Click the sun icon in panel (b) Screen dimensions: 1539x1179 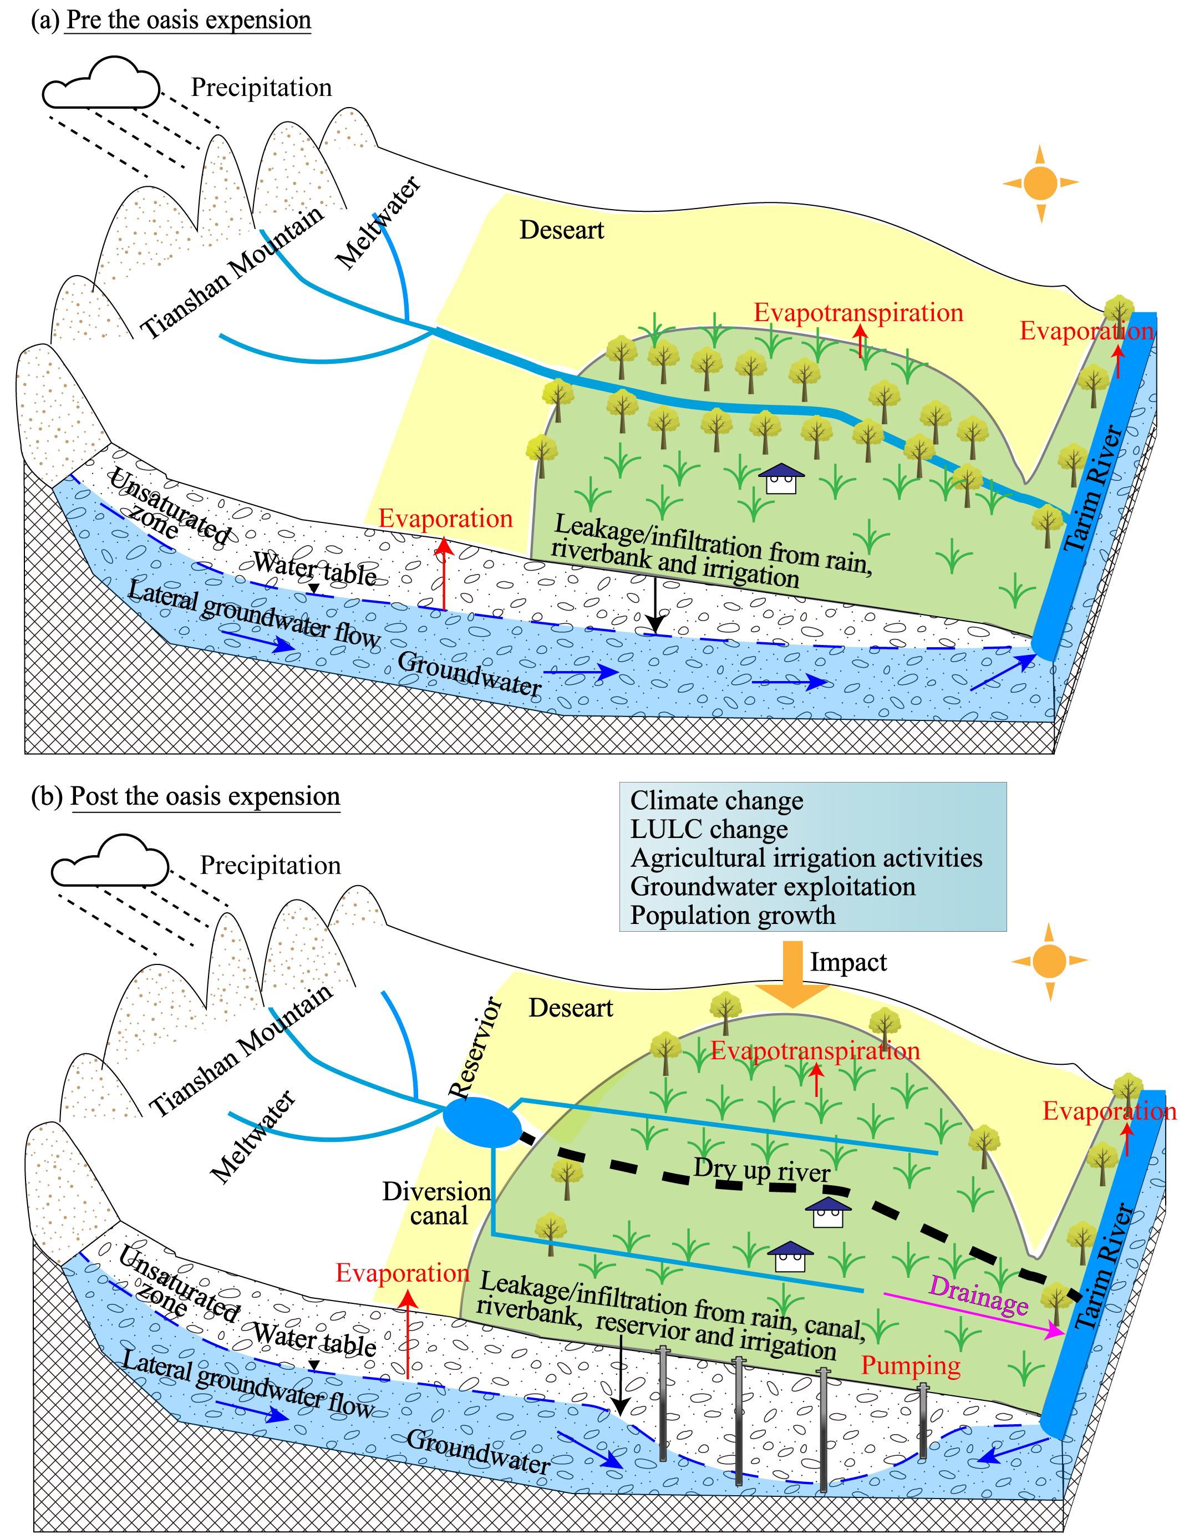1049,960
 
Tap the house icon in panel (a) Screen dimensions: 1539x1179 780,479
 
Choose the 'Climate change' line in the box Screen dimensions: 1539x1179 716,801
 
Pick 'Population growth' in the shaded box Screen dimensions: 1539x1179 733,915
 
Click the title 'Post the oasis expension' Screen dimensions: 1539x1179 205,796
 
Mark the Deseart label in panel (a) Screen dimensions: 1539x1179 561,230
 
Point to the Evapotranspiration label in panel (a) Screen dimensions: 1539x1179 858,312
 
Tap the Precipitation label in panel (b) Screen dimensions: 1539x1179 270,865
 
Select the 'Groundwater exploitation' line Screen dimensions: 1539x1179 773,886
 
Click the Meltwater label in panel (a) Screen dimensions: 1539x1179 378,222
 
